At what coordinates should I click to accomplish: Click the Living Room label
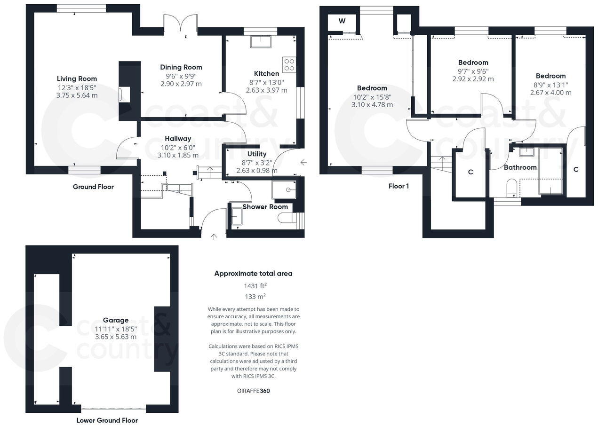coord(77,79)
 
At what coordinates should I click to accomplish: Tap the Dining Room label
coord(181,67)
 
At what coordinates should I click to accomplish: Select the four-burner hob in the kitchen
coord(289,64)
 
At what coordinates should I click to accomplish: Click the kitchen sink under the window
coord(260,41)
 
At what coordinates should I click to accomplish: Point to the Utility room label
coord(256,154)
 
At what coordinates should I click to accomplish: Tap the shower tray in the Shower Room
coord(284,190)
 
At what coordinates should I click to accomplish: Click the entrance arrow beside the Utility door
coord(303,163)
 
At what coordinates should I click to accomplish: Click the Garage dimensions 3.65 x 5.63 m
coord(116,337)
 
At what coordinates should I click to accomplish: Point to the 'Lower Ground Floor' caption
coord(107,420)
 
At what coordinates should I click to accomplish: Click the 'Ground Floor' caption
coord(93,187)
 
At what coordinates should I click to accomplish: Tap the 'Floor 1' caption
coord(399,186)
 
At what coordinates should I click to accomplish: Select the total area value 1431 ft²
coord(255,285)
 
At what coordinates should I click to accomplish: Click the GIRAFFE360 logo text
coord(253,391)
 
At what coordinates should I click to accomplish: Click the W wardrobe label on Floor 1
coord(342,21)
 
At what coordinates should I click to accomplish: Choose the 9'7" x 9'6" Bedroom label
coord(473,63)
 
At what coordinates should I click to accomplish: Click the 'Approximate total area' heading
coord(253,273)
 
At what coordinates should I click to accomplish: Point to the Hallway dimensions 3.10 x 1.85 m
coord(178,155)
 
